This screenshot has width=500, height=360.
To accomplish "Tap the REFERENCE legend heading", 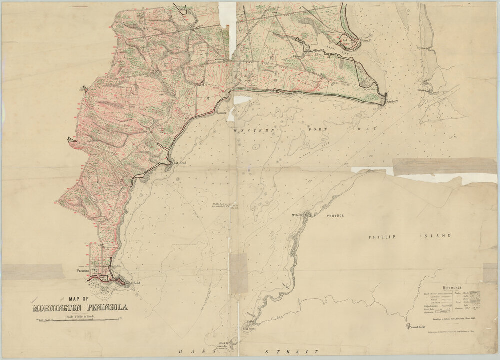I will (x=448, y=288).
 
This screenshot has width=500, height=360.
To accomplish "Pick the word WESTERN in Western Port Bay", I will (x=245, y=130).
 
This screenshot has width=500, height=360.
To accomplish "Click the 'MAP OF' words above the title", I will (x=79, y=298).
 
